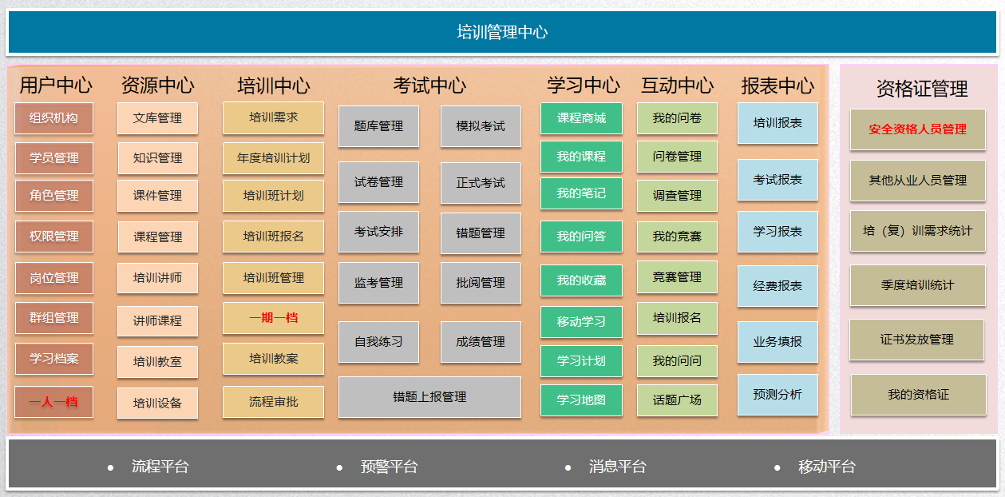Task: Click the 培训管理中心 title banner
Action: pos(502,32)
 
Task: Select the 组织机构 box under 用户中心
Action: pos(53,118)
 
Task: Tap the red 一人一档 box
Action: pos(53,402)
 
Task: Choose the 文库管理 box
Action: pos(157,118)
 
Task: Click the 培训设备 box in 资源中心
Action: pos(157,403)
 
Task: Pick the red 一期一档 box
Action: pos(273,318)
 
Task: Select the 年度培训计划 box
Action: pos(273,158)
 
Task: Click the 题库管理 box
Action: pos(378,126)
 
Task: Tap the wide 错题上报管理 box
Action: pos(429,397)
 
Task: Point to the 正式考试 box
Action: pos(481,183)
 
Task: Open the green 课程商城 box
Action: pos(581,118)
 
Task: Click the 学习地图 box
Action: pos(581,400)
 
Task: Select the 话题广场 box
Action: pos(677,400)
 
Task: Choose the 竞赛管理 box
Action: pos(677,277)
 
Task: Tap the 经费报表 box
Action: pos(777,286)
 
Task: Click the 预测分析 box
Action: pos(777,395)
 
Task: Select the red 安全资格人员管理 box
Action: pos(918,129)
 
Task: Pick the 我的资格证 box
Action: pos(919,395)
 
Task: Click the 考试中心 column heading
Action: pos(429,85)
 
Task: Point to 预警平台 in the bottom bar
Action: pos(389,467)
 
